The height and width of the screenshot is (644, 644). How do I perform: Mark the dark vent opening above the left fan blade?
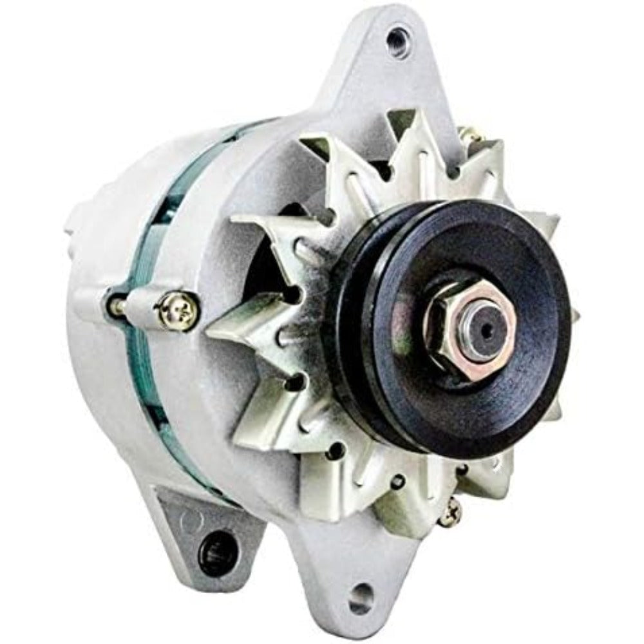pos(293,216)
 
